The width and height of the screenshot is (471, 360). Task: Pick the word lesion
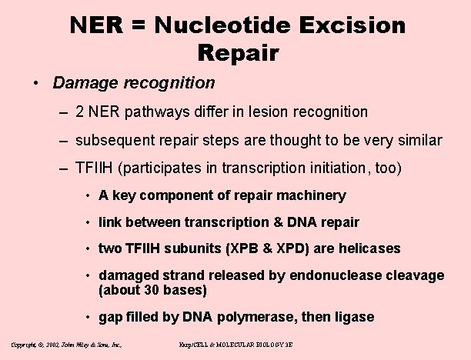pyautogui.click(x=267, y=112)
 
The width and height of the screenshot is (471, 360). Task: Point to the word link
pyautogui.click(x=112, y=222)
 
